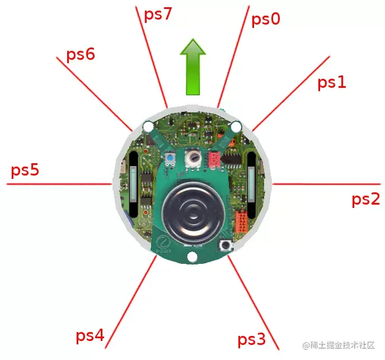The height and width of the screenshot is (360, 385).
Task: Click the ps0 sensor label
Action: click(266, 20)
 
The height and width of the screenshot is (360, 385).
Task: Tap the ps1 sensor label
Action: click(332, 83)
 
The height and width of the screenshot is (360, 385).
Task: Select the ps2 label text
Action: click(365, 200)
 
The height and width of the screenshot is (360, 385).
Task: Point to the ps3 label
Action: click(251, 339)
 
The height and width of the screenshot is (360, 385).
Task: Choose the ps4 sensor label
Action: click(90, 336)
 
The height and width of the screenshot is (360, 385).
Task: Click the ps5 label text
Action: click(25, 170)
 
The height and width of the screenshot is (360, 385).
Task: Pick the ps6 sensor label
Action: click(81, 55)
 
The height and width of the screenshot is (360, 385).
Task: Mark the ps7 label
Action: click(158, 14)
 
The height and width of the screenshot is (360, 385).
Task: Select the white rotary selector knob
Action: click(194, 159)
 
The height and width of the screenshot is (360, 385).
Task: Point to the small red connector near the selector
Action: click(214, 160)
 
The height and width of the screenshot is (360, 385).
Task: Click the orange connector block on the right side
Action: click(241, 221)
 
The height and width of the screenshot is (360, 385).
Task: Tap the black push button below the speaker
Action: click(227, 245)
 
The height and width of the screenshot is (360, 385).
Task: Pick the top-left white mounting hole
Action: click(148, 127)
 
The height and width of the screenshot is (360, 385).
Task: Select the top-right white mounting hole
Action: click(236, 125)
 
